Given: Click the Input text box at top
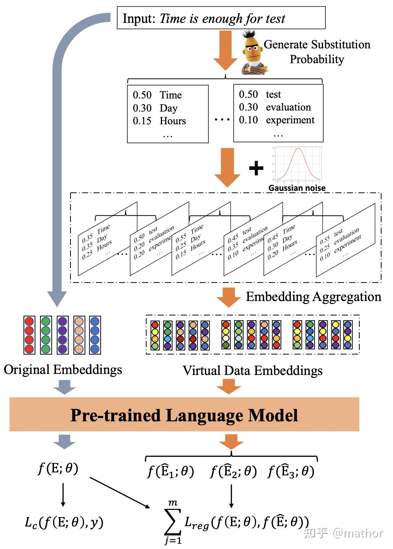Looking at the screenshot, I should click(221, 18).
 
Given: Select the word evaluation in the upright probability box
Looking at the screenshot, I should click(288, 107).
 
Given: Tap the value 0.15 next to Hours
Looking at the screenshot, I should click(142, 121).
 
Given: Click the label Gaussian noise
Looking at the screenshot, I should click(297, 188).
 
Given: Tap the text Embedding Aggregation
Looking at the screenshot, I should click(313, 297).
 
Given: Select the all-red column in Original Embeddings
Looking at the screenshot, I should click(30, 335).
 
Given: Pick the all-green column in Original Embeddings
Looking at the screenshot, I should click(46, 335).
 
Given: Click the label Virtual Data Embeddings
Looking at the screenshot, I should click(252, 371).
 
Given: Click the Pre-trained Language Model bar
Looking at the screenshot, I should click(184, 415).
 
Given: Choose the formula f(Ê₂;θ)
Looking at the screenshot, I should click(233, 471).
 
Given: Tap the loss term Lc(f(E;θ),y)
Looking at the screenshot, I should click(64, 522).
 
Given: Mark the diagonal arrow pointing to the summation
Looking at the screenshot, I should click(120, 493).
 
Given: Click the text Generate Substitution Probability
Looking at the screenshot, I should click(316, 52).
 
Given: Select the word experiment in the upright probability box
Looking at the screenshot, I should click(290, 120).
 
